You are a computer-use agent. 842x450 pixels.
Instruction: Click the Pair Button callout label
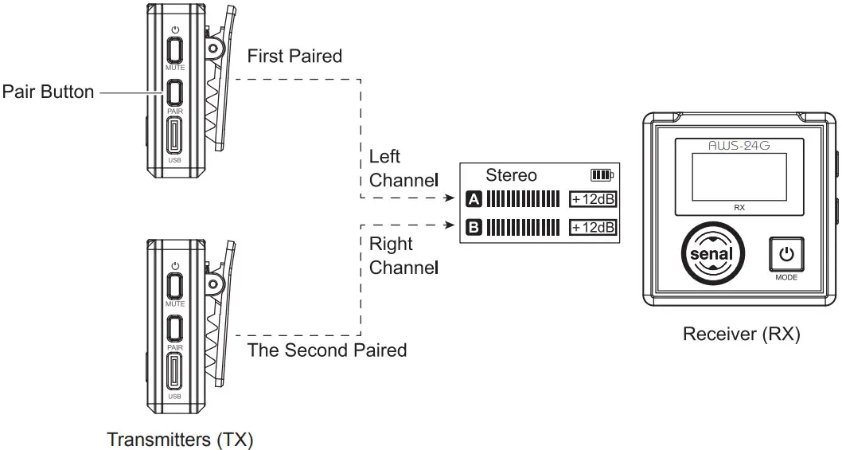tap(48, 92)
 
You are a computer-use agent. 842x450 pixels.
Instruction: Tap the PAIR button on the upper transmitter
tap(175, 92)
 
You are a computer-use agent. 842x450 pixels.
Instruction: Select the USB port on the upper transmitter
tap(175, 136)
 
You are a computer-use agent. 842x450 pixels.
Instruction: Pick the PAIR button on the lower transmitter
tap(175, 328)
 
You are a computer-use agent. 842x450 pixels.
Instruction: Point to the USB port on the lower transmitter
tap(175, 372)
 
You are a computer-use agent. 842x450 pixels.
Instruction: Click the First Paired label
tap(294, 57)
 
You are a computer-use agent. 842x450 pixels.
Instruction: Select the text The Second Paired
tap(327, 350)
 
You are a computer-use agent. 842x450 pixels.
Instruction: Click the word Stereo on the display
tap(511, 175)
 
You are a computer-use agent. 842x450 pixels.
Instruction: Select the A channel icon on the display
tap(474, 199)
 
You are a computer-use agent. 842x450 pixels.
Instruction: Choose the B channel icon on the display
tap(474, 228)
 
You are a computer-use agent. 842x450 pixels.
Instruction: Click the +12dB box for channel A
tap(593, 199)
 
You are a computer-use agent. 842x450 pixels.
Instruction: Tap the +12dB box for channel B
tap(593, 228)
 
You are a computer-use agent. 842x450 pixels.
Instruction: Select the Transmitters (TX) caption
tap(181, 439)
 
